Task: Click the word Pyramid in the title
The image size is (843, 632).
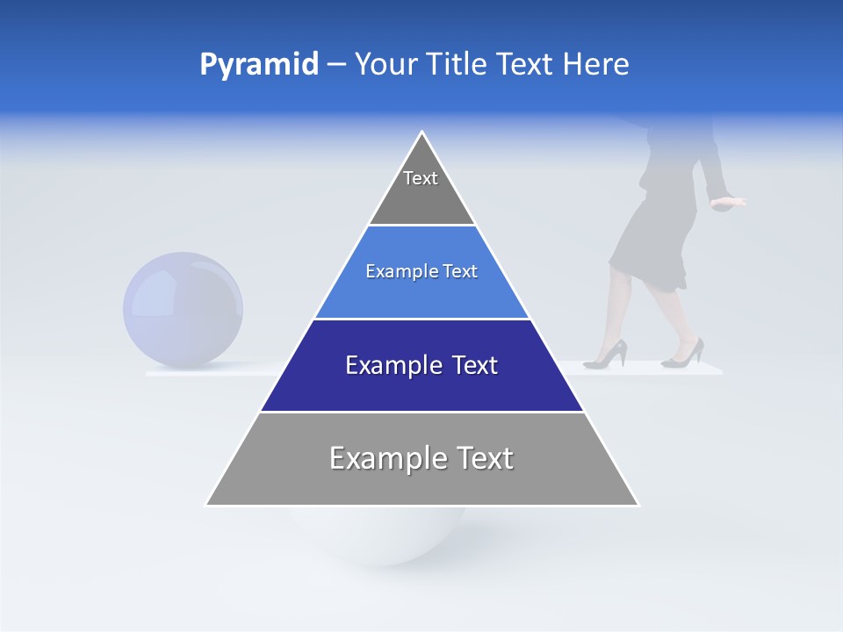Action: tap(258, 64)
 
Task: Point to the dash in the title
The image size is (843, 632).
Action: tap(336, 64)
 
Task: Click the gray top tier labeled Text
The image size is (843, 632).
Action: tap(421, 189)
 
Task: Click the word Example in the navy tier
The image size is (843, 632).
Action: tap(386, 365)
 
